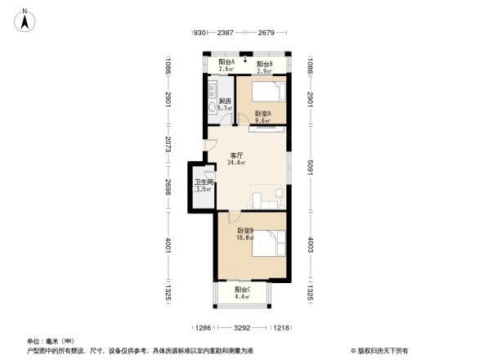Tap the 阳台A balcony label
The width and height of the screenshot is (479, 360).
coord(226,62)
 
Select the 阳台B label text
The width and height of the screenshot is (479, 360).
coord(265,64)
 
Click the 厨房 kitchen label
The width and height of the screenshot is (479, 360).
coord(225,101)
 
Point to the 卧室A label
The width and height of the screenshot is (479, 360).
coord(262,114)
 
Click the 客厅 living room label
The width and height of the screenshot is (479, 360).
coord(237,155)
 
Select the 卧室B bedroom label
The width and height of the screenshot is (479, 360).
coord(245,231)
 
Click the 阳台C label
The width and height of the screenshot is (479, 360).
coord(243,290)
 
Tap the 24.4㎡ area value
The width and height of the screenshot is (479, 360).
coord(237,162)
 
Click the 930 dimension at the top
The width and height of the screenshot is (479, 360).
coord(199,33)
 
